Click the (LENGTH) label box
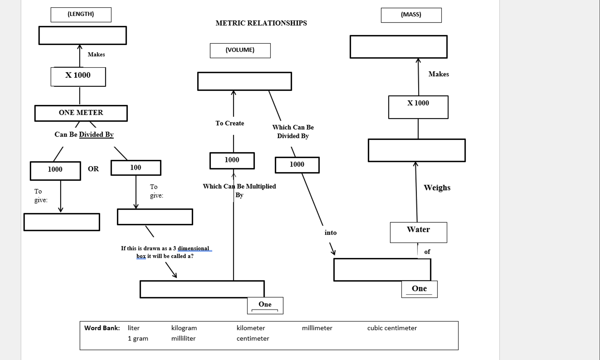click(x=81, y=15)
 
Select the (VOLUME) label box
click(x=240, y=50)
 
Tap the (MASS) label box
click(x=411, y=15)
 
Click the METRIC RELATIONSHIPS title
click(x=261, y=23)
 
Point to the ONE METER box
click(x=81, y=113)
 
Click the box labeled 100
click(x=136, y=168)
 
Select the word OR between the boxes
click(x=93, y=169)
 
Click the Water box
click(x=418, y=232)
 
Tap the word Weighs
click(x=437, y=188)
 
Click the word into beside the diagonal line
click(x=330, y=233)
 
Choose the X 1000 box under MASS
click(x=418, y=107)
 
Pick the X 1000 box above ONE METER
click(x=78, y=76)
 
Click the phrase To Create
click(x=230, y=124)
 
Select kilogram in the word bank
click(x=184, y=328)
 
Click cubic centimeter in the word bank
click(x=392, y=328)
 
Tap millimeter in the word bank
click(x=317, y=328)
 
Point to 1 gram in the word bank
click(x=138, y=339)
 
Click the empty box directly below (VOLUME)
click(x=244, y=81)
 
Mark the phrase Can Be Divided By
click(x=84, y=135)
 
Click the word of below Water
click(x=427, y=252)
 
